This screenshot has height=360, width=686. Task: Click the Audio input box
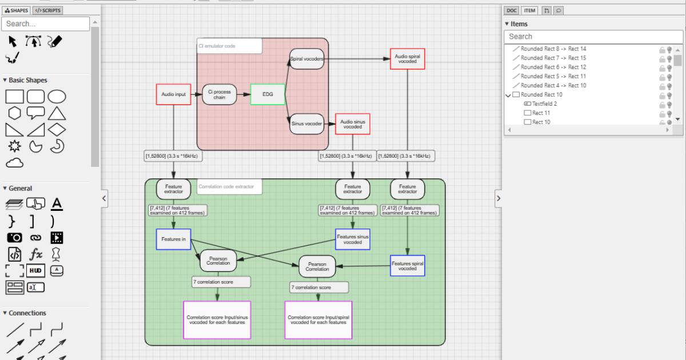(x=173, y=94)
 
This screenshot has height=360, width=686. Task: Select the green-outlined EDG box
(x=268, y=94)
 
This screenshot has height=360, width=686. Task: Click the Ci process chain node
(x=220, y=94)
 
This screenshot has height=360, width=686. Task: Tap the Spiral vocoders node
(x=307, y=59)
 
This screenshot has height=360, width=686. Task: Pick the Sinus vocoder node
(x=307, y=123)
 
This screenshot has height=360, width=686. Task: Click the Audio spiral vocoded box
(x=408, y=59)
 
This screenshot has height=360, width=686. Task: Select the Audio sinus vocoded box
(x=353, y=123)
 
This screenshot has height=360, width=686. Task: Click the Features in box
(x=173, y=239)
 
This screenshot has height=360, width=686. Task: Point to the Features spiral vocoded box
(x=408, y=265)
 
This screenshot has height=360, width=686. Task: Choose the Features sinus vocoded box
(x=353, y=239)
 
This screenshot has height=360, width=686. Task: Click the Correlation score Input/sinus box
(x=217, y=320)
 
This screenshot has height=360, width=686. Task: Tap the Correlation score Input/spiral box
(x=318, y=320)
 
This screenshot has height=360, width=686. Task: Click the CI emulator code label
(x=229, y=46)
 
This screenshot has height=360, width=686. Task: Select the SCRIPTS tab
(x=47, y=10)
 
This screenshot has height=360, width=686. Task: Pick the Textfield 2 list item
(x=544, y=104)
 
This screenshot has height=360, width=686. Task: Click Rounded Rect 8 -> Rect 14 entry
(x=553, y=49)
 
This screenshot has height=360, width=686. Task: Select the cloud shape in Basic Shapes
(x=15, y=163)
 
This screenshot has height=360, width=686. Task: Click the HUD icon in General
(x=35, y=271)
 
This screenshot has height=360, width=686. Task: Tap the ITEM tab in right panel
(x=529, y=10)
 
